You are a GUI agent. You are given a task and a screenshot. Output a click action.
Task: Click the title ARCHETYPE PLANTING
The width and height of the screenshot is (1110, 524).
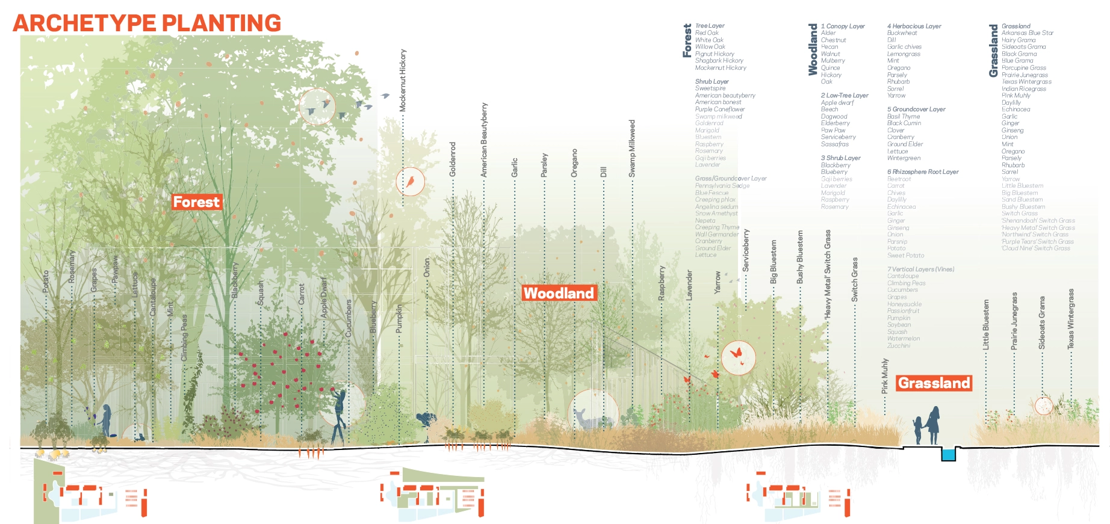147,23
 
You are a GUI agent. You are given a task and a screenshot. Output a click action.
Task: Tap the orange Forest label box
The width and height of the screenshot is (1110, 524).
196,202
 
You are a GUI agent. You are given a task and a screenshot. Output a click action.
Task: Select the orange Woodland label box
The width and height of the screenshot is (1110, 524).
559,293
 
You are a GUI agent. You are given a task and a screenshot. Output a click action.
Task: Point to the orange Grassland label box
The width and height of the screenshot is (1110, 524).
934,383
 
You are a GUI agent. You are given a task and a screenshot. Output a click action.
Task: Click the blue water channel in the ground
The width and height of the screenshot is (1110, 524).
949,454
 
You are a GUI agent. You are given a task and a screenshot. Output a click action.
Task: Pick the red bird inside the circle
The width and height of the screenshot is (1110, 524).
411,180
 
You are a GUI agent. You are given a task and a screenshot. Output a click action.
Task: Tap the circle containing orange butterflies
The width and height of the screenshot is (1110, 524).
738,357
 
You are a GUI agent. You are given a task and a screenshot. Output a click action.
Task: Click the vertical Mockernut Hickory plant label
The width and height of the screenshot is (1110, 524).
403,80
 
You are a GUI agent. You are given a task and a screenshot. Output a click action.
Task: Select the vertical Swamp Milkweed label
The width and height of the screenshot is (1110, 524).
632,149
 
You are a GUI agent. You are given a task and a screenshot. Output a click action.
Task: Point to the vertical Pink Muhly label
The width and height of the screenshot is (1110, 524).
885,376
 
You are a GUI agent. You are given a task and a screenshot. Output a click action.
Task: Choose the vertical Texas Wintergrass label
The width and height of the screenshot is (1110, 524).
1071,319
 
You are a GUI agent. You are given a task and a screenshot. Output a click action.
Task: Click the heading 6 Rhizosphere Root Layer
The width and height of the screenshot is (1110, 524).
923,172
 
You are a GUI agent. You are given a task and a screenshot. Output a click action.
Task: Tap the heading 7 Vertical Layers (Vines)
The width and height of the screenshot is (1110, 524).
920,269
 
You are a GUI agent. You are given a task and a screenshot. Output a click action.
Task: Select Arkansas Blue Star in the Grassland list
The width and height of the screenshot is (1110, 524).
1028,33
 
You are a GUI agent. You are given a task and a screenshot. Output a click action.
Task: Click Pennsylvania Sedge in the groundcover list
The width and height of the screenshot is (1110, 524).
722,186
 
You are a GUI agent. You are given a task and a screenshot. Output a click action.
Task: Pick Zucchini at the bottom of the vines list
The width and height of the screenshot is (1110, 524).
899,346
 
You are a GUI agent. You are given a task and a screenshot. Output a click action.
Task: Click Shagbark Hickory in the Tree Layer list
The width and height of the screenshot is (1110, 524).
719,61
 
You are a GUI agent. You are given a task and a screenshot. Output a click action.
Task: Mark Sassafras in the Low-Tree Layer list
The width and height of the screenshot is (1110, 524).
835,144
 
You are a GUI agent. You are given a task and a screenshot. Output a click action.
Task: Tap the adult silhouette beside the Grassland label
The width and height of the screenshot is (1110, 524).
933,424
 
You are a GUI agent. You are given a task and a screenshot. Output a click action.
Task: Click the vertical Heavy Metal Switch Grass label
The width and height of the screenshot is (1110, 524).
828,274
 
